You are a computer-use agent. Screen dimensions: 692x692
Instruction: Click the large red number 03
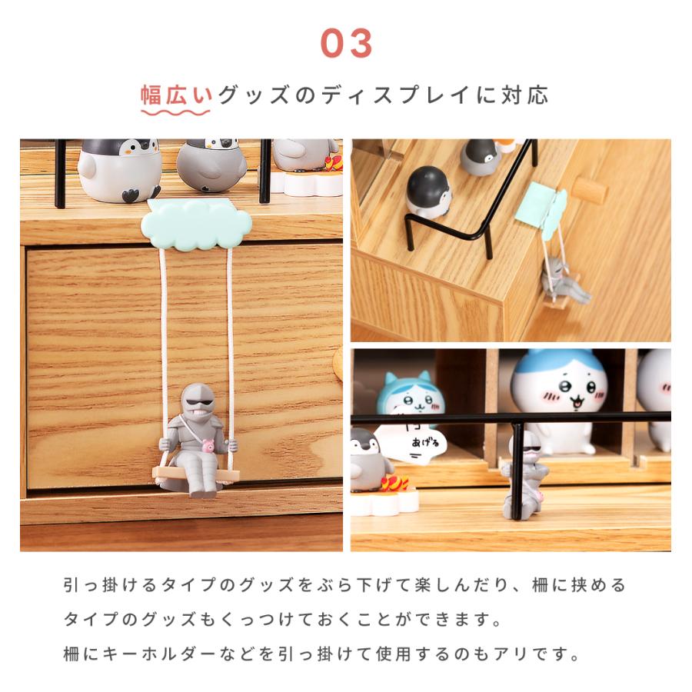tap(346, 45)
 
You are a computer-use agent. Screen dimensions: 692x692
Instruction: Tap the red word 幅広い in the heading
tap(176, 95)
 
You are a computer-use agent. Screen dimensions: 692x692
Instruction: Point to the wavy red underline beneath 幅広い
tap(175, 112)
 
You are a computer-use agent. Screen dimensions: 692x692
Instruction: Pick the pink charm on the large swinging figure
tap(208, 446)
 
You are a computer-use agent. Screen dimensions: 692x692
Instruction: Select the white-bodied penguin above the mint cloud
tap(119, 170)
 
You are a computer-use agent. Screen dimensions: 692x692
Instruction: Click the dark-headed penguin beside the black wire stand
tap(428, 191)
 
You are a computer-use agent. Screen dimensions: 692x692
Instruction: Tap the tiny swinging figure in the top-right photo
tap(564, 281)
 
